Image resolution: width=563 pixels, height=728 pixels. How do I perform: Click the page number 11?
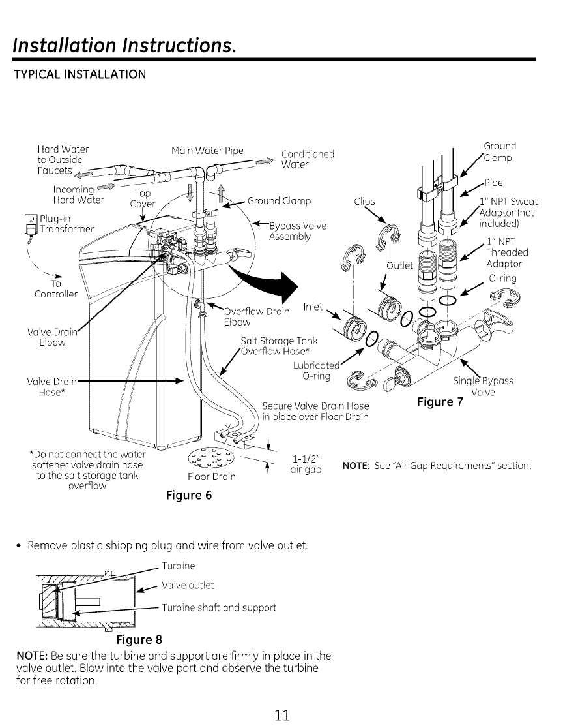281,713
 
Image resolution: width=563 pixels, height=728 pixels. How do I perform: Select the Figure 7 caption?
440,402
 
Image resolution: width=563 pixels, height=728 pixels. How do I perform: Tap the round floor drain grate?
210,458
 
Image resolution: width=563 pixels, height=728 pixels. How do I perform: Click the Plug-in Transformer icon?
27,222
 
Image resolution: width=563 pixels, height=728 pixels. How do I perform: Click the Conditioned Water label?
307,160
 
